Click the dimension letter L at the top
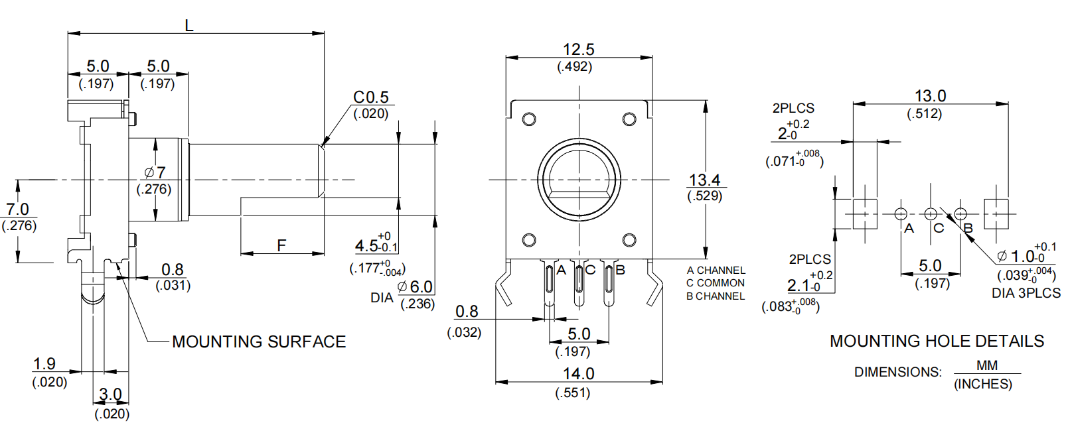pyautogui.click(x=189, y=26)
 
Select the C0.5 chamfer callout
pyautogui.click(x=370, y=97)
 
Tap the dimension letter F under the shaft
pyautogui.click(x=281, y=246)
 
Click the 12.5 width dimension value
pyautogui.click(x=578, y=50)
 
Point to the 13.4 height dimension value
pyautogui.click(x=704, y=180)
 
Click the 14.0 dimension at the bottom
pyautogui.click(x=578, y=374)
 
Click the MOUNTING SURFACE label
pyautogui.click(x=259, y=341)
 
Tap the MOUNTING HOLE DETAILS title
pyautogui.click(x=937, y=341)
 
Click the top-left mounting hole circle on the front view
pyautogui.click(x=529, y=119)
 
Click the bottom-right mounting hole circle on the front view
pyautogui.click(x=629, y=240)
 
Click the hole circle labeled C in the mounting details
pyautogui.click(x=931, y=214)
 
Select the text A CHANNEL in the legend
pyautogui.click(x=716, y=271)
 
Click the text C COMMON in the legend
pyautogui.click(x=716, y=283)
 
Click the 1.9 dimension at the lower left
pyautogui.click(x=44, y=364)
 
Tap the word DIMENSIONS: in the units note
pyautogui.click(x=897, y=372)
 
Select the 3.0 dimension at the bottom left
pyautogui.click(x=110, y=395)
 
